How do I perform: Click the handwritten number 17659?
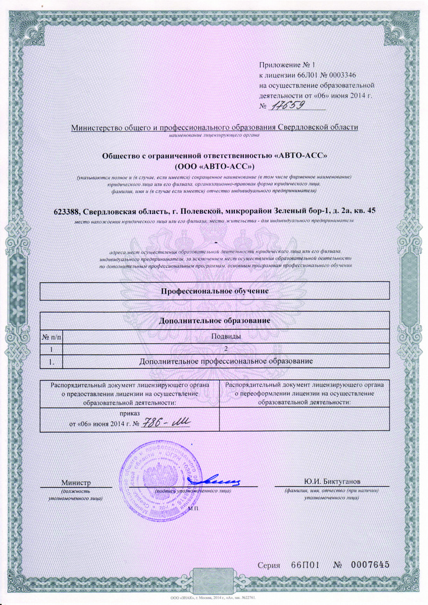pyautogui.click(x=286, y=105)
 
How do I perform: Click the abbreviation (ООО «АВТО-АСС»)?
pyautogui.click(x=215, y=166)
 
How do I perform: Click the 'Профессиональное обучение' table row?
pyautogui.click(x=215, y=291)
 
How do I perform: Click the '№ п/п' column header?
pyautogui.click(x=51, y=336)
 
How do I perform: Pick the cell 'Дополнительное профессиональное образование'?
pyautogui.click(x=225, y=361)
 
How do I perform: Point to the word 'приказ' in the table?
pyautogui.click(x=129, y=414)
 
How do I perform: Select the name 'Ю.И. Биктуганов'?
pyautogui.click(x=332, y=481)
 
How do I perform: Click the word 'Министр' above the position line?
pyautogui.click(x=76, y=482)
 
